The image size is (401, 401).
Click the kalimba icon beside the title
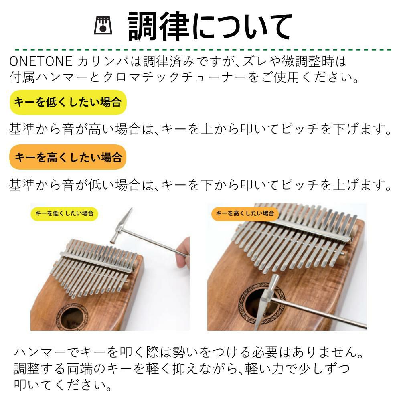(103, 26)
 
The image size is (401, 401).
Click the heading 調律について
(209, 26)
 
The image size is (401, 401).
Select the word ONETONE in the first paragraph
(41, 61)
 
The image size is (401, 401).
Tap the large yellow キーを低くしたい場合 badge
(68, 102)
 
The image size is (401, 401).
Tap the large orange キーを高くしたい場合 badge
(68, 157)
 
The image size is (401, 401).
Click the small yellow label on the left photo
(65, 214)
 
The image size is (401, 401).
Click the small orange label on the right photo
(245, 214)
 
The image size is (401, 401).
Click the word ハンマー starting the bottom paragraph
(41, 352)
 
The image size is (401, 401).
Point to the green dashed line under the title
(203, 49)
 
